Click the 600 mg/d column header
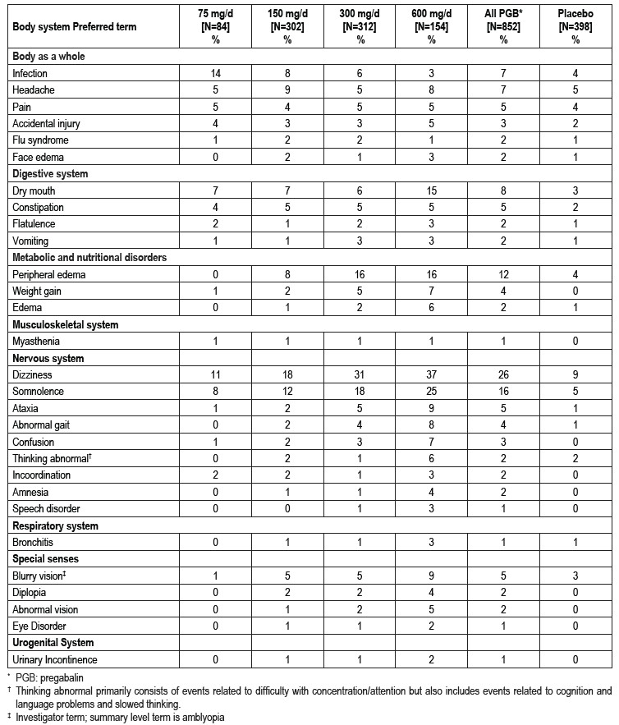[x=431, y=26]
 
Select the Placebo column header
[x=574, y=26]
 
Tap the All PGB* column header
[x=502, y=26]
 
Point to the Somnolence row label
[x=37, y=391]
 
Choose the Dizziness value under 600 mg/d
[x=431, y=374]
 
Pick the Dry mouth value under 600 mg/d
[x=431, y=190]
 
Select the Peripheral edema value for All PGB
[x=502, y=274]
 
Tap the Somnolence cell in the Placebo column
[x=574, y=391]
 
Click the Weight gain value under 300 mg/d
[x=360, y=291]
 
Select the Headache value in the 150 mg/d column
[x=287, y=89]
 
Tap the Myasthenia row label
[x=34, y=341]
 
